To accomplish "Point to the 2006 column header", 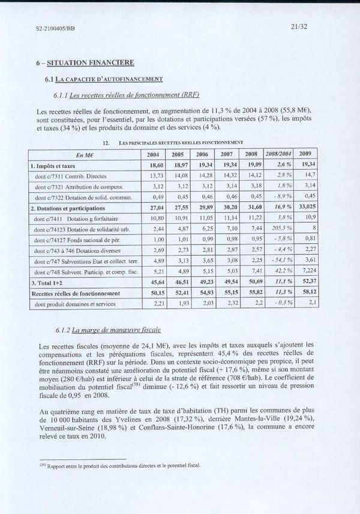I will [x=206, y=154].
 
